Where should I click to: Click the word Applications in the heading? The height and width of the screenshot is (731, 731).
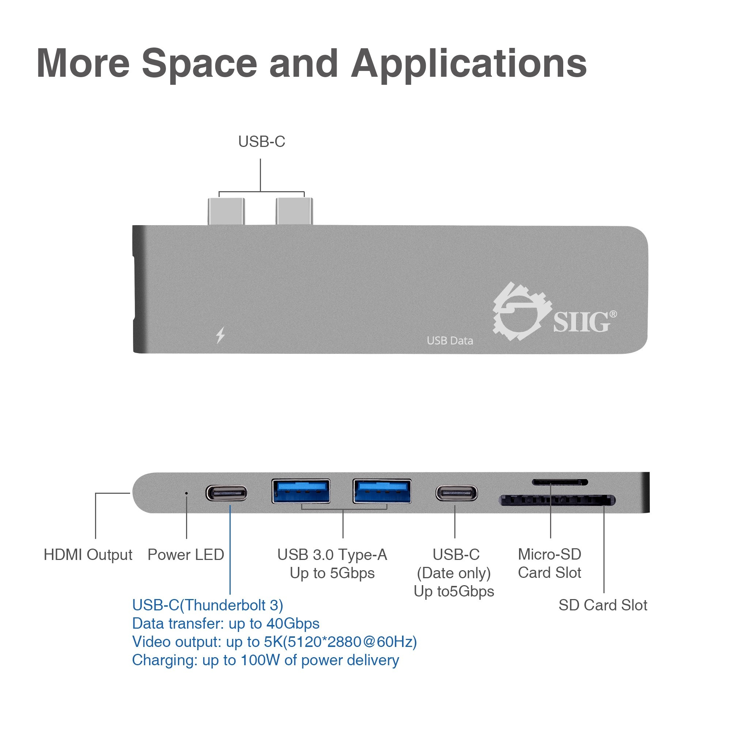469,64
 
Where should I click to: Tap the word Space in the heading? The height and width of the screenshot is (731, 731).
200,64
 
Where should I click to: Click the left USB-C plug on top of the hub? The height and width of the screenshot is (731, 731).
226,212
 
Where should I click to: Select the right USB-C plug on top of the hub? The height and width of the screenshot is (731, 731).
294,211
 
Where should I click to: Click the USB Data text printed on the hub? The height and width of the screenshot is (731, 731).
450,341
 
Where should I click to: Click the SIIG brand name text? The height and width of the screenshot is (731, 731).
584,322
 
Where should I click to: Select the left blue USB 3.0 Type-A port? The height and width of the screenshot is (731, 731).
301,491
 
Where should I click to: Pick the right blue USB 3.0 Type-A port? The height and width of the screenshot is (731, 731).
382,491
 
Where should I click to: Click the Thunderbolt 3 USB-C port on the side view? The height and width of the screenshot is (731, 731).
227,493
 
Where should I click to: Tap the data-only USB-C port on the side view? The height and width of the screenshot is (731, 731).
457,493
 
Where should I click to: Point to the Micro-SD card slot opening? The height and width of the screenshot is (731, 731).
560,482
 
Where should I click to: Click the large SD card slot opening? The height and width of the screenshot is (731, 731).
558,500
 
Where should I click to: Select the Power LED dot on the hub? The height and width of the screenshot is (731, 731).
186,493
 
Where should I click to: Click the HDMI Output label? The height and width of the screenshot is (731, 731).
88,555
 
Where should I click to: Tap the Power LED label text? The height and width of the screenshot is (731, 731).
186,555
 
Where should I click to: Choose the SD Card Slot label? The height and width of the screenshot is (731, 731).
603,605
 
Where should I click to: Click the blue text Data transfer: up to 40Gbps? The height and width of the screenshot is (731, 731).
226,624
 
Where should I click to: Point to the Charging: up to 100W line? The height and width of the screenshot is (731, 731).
266,660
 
